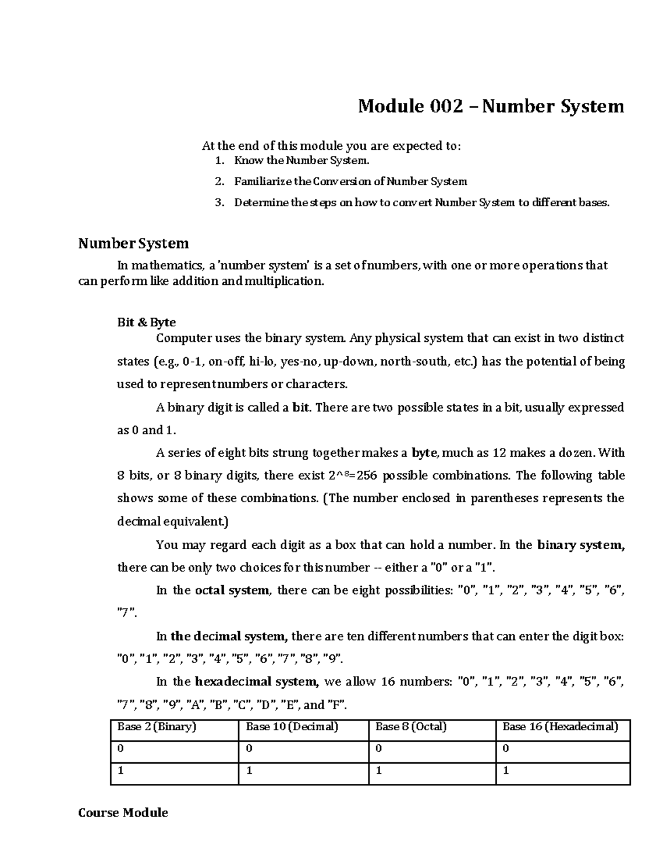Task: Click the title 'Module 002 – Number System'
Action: (491, 106)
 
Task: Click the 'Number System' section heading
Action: (133, 243)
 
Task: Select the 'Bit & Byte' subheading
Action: (146, 322)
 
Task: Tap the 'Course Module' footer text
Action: (123, 813)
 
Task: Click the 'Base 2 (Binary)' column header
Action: (156, 727)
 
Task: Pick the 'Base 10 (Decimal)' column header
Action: (292, 727)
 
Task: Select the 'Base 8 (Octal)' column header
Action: (411, 727)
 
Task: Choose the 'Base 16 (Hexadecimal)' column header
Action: (560, 727)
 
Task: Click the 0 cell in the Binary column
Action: (120, 749)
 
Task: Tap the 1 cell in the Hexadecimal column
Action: (506, 771)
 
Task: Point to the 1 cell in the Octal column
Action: (378, 771)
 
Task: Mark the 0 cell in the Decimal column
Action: (249, 749)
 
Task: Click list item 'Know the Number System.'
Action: (301, 161)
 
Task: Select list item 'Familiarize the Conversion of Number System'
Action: (350, 181)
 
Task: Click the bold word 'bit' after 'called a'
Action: (302, 408)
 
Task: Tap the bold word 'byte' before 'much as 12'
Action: (425, 453)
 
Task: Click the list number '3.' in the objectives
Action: (220, 202)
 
